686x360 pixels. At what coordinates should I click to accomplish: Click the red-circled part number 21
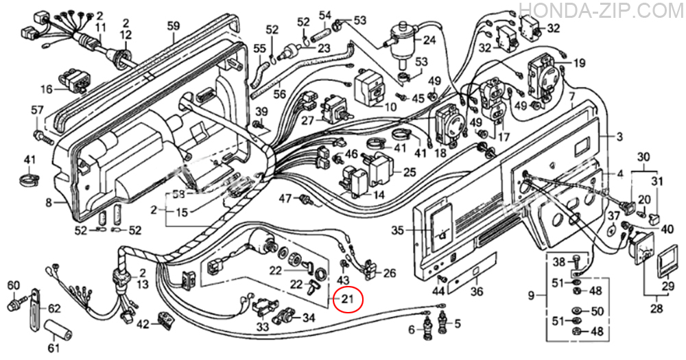pyautogui.click(x=348, y=299)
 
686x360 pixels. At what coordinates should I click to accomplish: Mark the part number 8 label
pyautogui.click(x=49, y=202)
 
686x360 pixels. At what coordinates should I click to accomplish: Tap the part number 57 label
pyautogui.click(x=37, y=110)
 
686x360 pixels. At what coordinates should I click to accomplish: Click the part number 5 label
pyautogui.click(x=458, y=324)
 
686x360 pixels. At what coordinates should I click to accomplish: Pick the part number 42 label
pyautogui.click(x=143, y=324)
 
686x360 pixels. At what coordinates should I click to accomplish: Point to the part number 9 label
pyautogui.click(x=532, y=296)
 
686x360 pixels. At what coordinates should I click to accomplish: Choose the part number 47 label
pyautogui.click(x=285, y=198)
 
